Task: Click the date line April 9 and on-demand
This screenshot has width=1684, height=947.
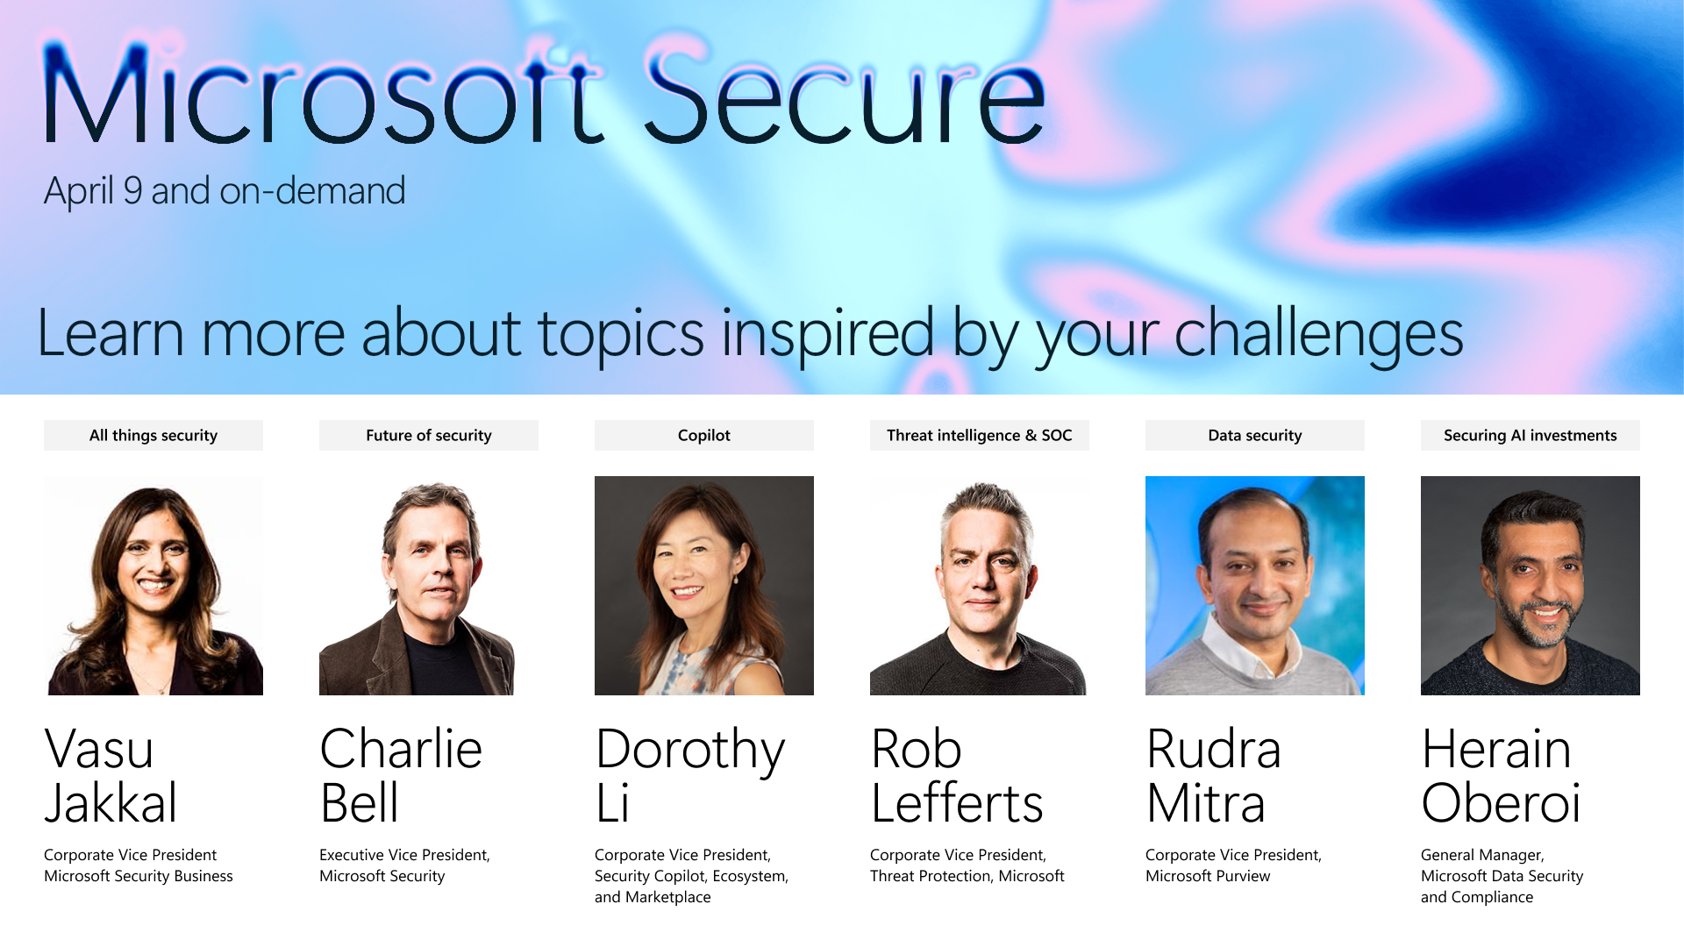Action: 225,191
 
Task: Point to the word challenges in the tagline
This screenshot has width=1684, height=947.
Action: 1318,335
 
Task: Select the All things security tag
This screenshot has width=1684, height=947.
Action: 153,435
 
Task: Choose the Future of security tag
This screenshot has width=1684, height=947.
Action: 429,435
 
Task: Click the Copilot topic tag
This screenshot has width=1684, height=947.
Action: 704,435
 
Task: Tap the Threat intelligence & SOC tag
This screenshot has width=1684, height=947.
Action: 980,435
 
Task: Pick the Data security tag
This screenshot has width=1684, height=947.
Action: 1255,435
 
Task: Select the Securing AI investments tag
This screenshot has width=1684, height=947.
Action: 1531,435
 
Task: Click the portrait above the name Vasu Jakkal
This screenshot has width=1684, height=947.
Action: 153,586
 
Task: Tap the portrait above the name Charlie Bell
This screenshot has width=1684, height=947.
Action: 417,586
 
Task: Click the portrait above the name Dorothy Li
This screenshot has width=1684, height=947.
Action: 704,586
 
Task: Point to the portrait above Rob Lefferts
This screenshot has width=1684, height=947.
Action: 979,586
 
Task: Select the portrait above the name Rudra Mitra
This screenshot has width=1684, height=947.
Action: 1255,586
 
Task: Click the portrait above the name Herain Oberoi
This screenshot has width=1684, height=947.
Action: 1531,586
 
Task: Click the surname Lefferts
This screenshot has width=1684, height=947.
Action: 957,802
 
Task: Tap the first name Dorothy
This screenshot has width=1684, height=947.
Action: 690,751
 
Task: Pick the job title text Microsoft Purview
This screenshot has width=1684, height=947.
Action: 1208,876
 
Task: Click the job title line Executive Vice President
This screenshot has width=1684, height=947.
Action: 404,855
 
